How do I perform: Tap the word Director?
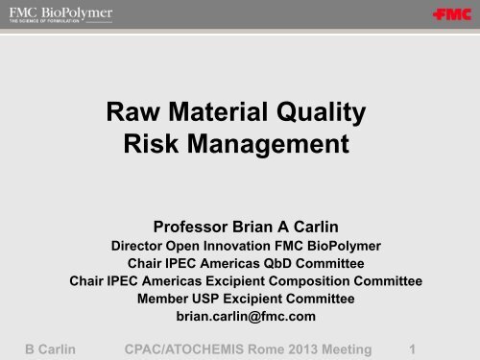pyautogui.click(x=132, y=238)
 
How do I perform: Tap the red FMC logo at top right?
pyautogui.click(x=445, y=16)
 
